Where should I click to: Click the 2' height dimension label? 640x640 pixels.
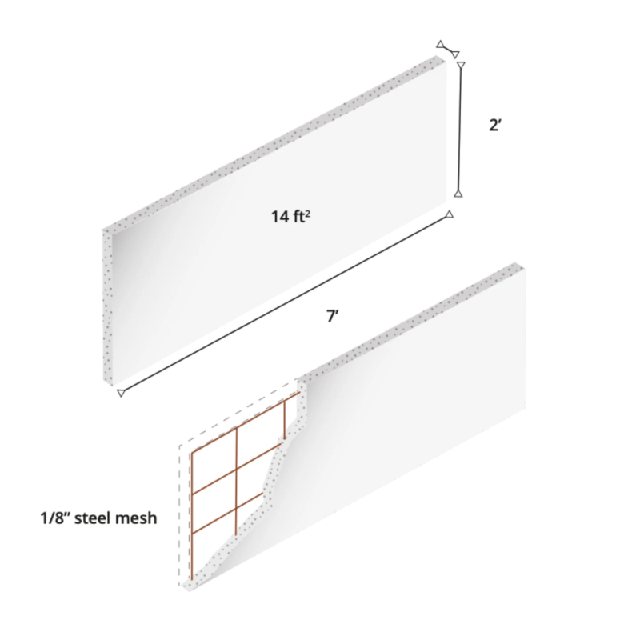tap(495, 126)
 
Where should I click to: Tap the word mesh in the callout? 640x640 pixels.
tap(138, 518)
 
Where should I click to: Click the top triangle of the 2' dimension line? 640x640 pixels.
tap(460, 63)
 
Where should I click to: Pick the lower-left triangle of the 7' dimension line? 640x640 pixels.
tap(121, 393)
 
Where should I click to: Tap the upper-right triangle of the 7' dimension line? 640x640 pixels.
tap(450, 214)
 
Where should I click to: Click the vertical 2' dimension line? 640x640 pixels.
tap(459, 128)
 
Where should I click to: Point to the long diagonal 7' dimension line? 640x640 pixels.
tap(285, 303)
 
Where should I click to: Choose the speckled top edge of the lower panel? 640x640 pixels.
tap(416, 320)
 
